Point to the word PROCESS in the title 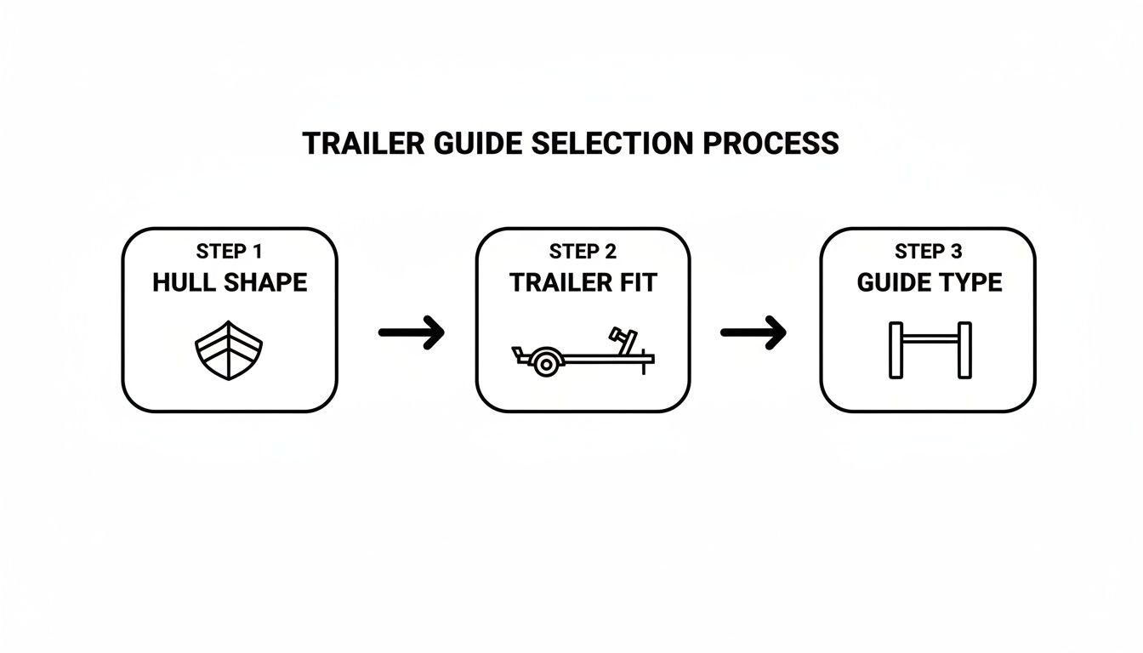coord(771,143)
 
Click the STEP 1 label coord(229,252)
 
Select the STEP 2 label coord(583,252)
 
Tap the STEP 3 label coord(928,252)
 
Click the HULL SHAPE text coord(230,283)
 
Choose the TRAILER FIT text coord(583,283)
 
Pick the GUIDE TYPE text coord(929,283)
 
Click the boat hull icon coord(229,349)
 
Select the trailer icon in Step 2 coord(583,354)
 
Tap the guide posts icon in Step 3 coord(929,349)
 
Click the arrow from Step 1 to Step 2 coord(412,332)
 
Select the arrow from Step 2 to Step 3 coord(753,332)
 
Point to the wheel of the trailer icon coord(544,364)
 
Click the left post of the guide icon coord(895,350)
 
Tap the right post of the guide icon coord(964,350)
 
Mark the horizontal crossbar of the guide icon coord(929,340)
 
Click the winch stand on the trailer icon coord(623,341)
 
